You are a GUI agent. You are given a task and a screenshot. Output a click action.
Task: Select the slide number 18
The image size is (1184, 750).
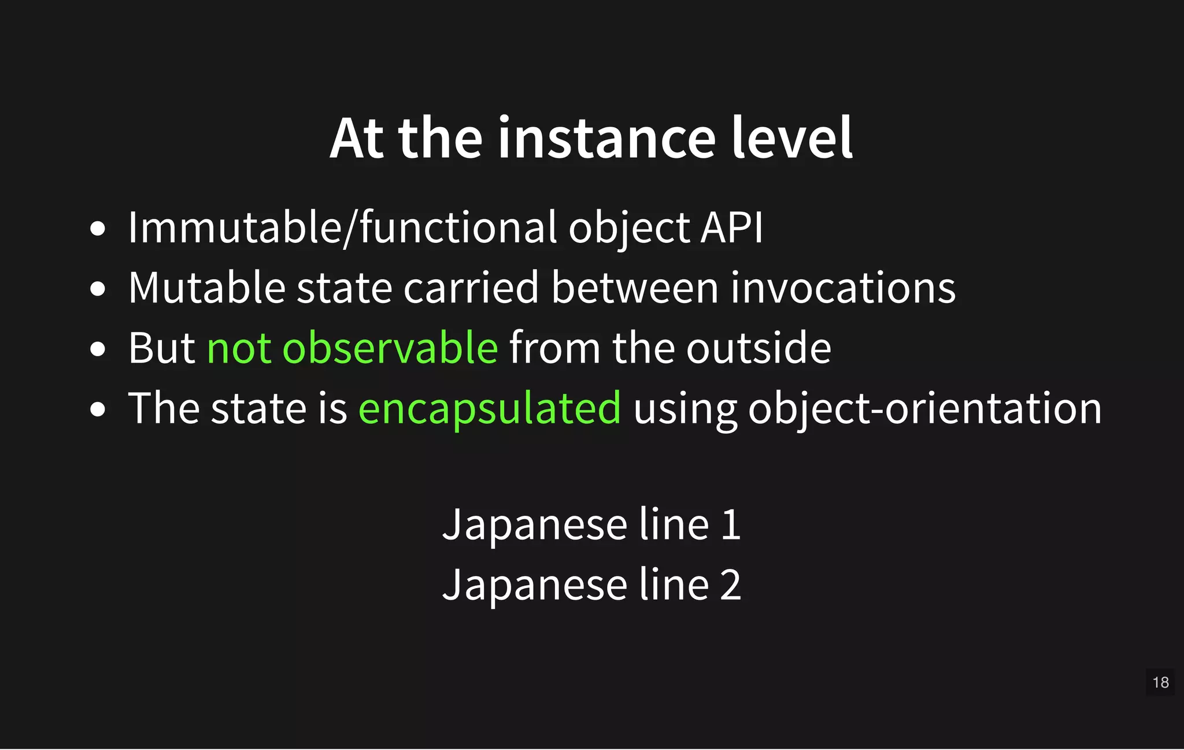pyautogui.click(x=1160, y=682)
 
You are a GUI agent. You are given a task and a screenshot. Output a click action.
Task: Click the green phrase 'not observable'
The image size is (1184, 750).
pyautogui.click(x=352, y=348)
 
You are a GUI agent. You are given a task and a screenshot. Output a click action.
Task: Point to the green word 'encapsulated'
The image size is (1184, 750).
pyautogui.click(x=490, y=409)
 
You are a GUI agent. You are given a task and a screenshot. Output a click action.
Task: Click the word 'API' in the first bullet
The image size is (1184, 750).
pyautogui.click(x=731, y=227)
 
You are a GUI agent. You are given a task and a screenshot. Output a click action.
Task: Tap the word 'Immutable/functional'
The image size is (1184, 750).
pyautogui.click(x=342, y=227)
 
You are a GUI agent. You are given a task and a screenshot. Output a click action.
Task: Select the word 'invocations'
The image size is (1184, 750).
pyautogui.click(x=842, y=287)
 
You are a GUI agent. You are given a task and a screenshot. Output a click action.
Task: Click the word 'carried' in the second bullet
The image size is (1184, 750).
pyautogui.click(x=471, y=287)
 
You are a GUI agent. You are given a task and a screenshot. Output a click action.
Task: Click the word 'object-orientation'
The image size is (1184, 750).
pyautogui.click(x=925, y=409)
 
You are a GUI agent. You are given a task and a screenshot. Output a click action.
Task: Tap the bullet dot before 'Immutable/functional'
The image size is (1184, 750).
pyautogui.click(x=98, y=229)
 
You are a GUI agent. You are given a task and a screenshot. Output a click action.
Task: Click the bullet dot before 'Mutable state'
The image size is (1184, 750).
pyautogui.click(x=98, y=289)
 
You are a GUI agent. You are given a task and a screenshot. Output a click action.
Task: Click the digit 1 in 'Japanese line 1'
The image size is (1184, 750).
pyautogui.click(x=731, y=525)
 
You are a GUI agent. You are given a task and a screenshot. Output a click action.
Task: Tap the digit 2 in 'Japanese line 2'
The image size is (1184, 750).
pyautogui.click(x=731, y=585)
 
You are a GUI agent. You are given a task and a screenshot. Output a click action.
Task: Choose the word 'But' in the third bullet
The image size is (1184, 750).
pyautogui.click(x=161, y=348)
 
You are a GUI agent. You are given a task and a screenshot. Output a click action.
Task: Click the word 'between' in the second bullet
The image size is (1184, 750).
pyautogui.click(x=634, y=287)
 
